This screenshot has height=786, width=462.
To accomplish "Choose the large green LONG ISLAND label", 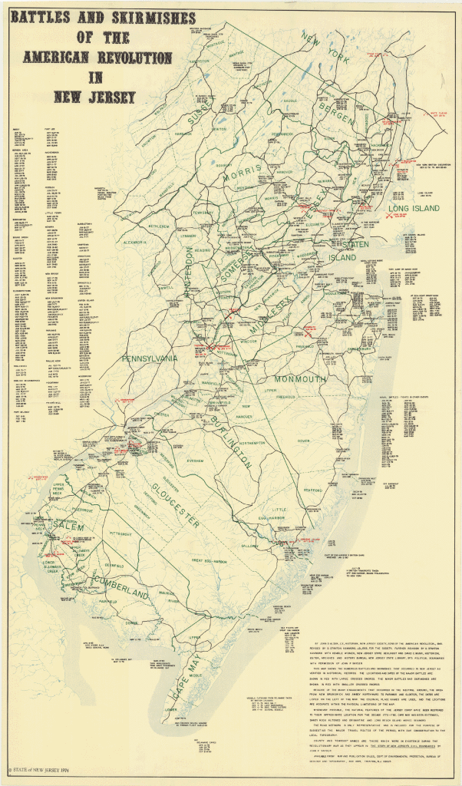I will pyautogui.click(x=413, y=209).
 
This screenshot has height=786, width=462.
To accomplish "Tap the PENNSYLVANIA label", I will pyautogui.click(x=150, y=358).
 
